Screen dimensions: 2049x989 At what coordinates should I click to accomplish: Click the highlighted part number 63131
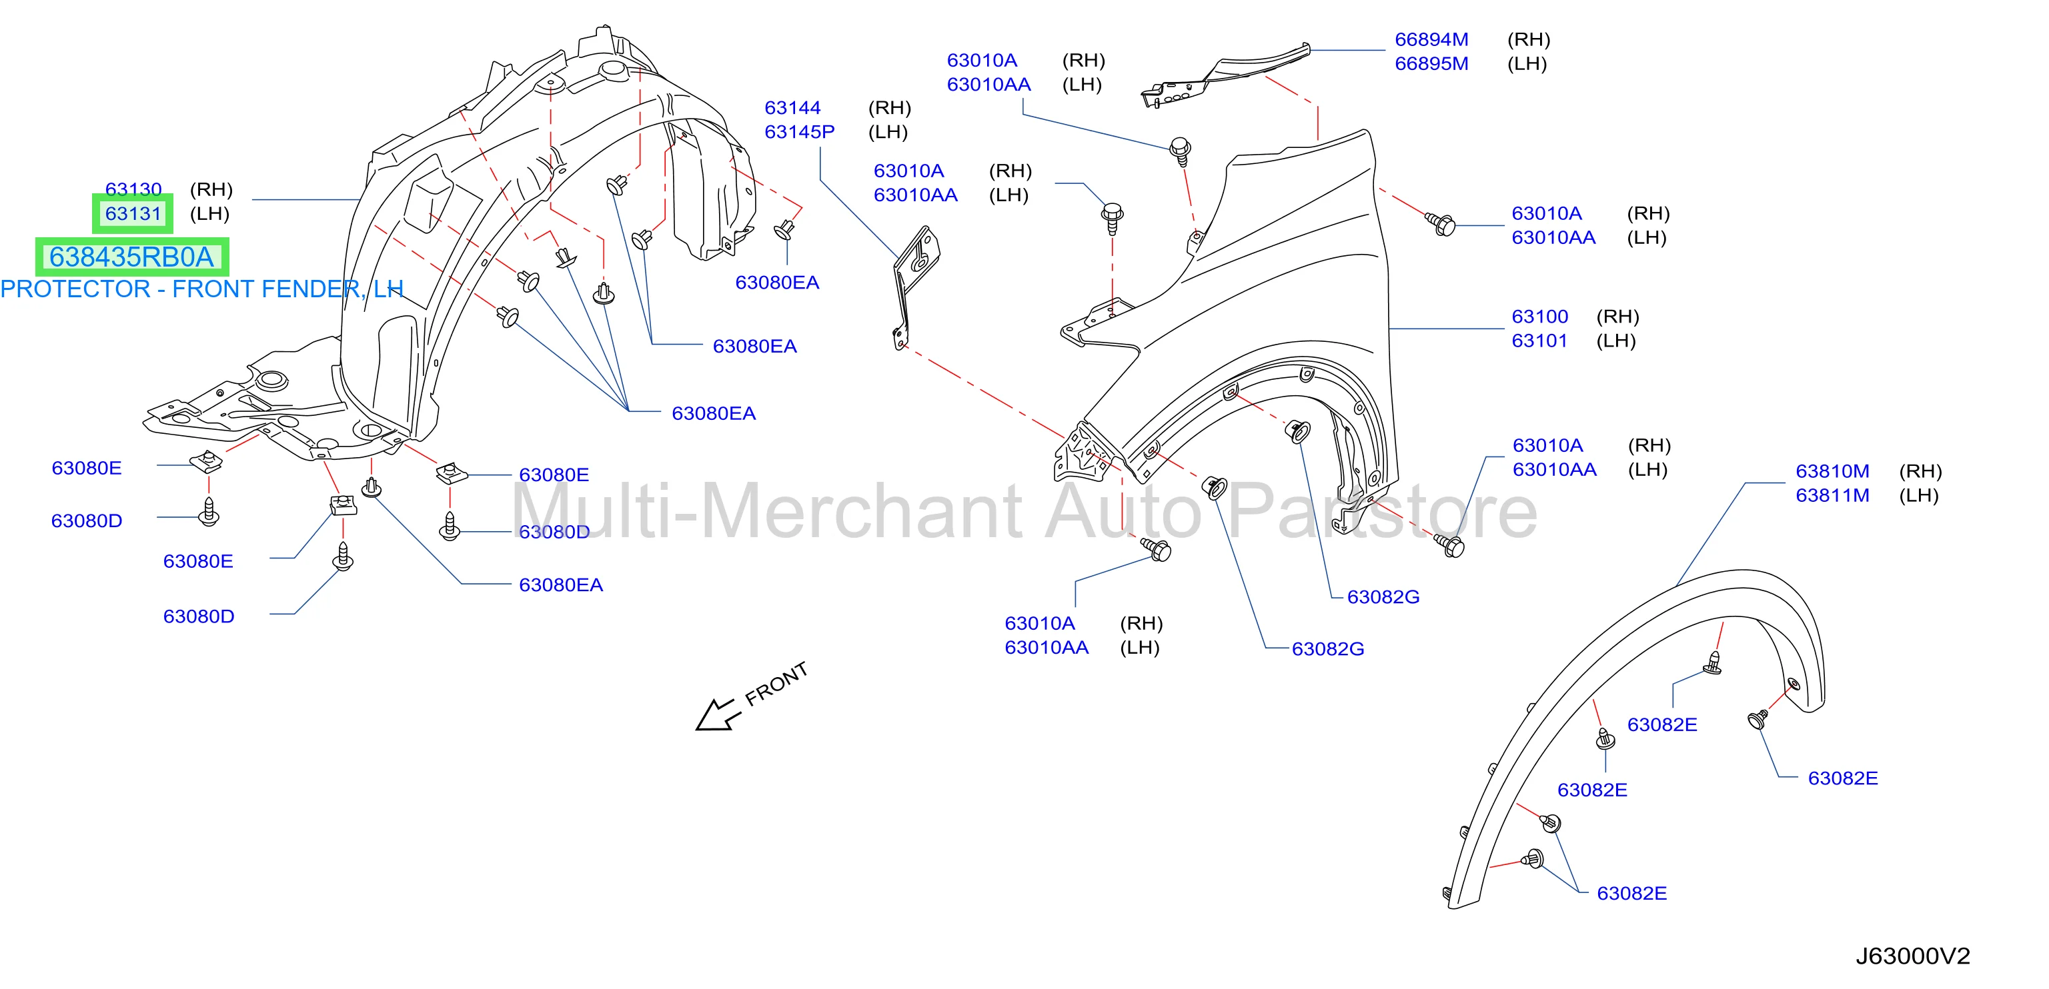(133, 214)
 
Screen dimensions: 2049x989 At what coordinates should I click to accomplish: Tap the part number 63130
(133, 189)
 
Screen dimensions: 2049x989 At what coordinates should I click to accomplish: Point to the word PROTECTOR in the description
(75, 289)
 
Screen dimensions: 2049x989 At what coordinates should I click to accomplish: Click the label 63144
(792, 108)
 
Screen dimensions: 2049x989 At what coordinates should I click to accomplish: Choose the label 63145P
(800, 132)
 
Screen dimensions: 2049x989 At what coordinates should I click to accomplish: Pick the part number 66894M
(1432, 40)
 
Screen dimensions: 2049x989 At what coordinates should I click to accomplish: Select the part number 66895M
(1432, 63)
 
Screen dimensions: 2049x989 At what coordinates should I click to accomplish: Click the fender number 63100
(1540, 317)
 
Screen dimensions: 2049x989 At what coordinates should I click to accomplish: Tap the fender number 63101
(1540, 341)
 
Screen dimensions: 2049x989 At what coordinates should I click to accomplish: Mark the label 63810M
(1833, 471)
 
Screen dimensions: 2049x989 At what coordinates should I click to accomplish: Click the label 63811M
(1833, 495)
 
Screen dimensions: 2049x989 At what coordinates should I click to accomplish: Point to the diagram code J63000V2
(1913, 956)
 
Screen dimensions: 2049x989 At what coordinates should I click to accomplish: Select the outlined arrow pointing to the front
(715, 714)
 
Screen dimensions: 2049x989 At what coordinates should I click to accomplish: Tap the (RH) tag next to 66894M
(1529, 40)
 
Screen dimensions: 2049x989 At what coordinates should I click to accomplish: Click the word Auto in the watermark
(1123, 511)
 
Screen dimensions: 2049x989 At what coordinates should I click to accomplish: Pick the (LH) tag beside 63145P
(888, 132)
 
